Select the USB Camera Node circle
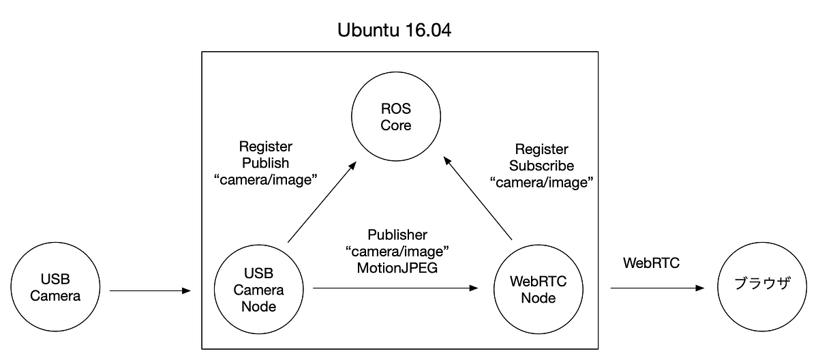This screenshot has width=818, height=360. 259,290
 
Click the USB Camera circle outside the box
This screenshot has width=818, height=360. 55,288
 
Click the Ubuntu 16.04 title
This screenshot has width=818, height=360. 394,32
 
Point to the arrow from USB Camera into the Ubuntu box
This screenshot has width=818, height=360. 150,291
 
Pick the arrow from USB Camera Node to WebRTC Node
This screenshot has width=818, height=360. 395,288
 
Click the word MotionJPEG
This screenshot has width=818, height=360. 397,267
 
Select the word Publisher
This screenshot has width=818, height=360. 398,235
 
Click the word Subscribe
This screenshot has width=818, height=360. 542,166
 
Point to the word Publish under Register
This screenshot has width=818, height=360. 266,163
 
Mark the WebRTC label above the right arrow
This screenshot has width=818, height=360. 652,263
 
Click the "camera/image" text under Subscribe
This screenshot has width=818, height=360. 542,183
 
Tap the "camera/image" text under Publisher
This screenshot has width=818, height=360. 398,251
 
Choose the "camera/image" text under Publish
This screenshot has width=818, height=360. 265,180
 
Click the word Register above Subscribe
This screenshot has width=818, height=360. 542,149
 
